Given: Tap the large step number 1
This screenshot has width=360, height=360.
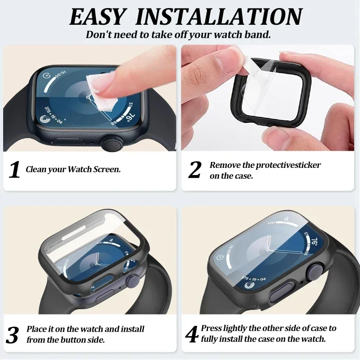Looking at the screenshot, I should point(15,170).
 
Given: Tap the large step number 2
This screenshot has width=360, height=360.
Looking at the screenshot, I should point(195,170).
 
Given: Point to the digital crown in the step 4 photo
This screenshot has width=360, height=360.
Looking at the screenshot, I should point(310,273).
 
